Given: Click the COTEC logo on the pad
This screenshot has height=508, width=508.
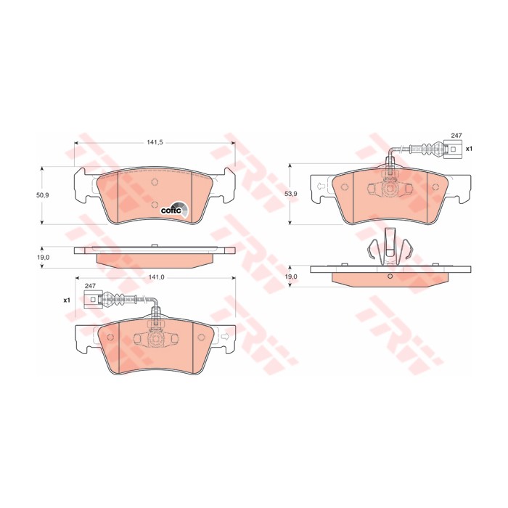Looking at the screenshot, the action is (174, 210).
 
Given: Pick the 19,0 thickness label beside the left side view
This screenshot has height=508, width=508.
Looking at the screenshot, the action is (43, 257).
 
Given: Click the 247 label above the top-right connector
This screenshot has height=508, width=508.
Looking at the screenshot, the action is (456, 136).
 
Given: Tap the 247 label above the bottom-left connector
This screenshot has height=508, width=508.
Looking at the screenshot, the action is (90, 286).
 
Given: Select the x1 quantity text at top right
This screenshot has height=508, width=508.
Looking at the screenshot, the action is (469, 149).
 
